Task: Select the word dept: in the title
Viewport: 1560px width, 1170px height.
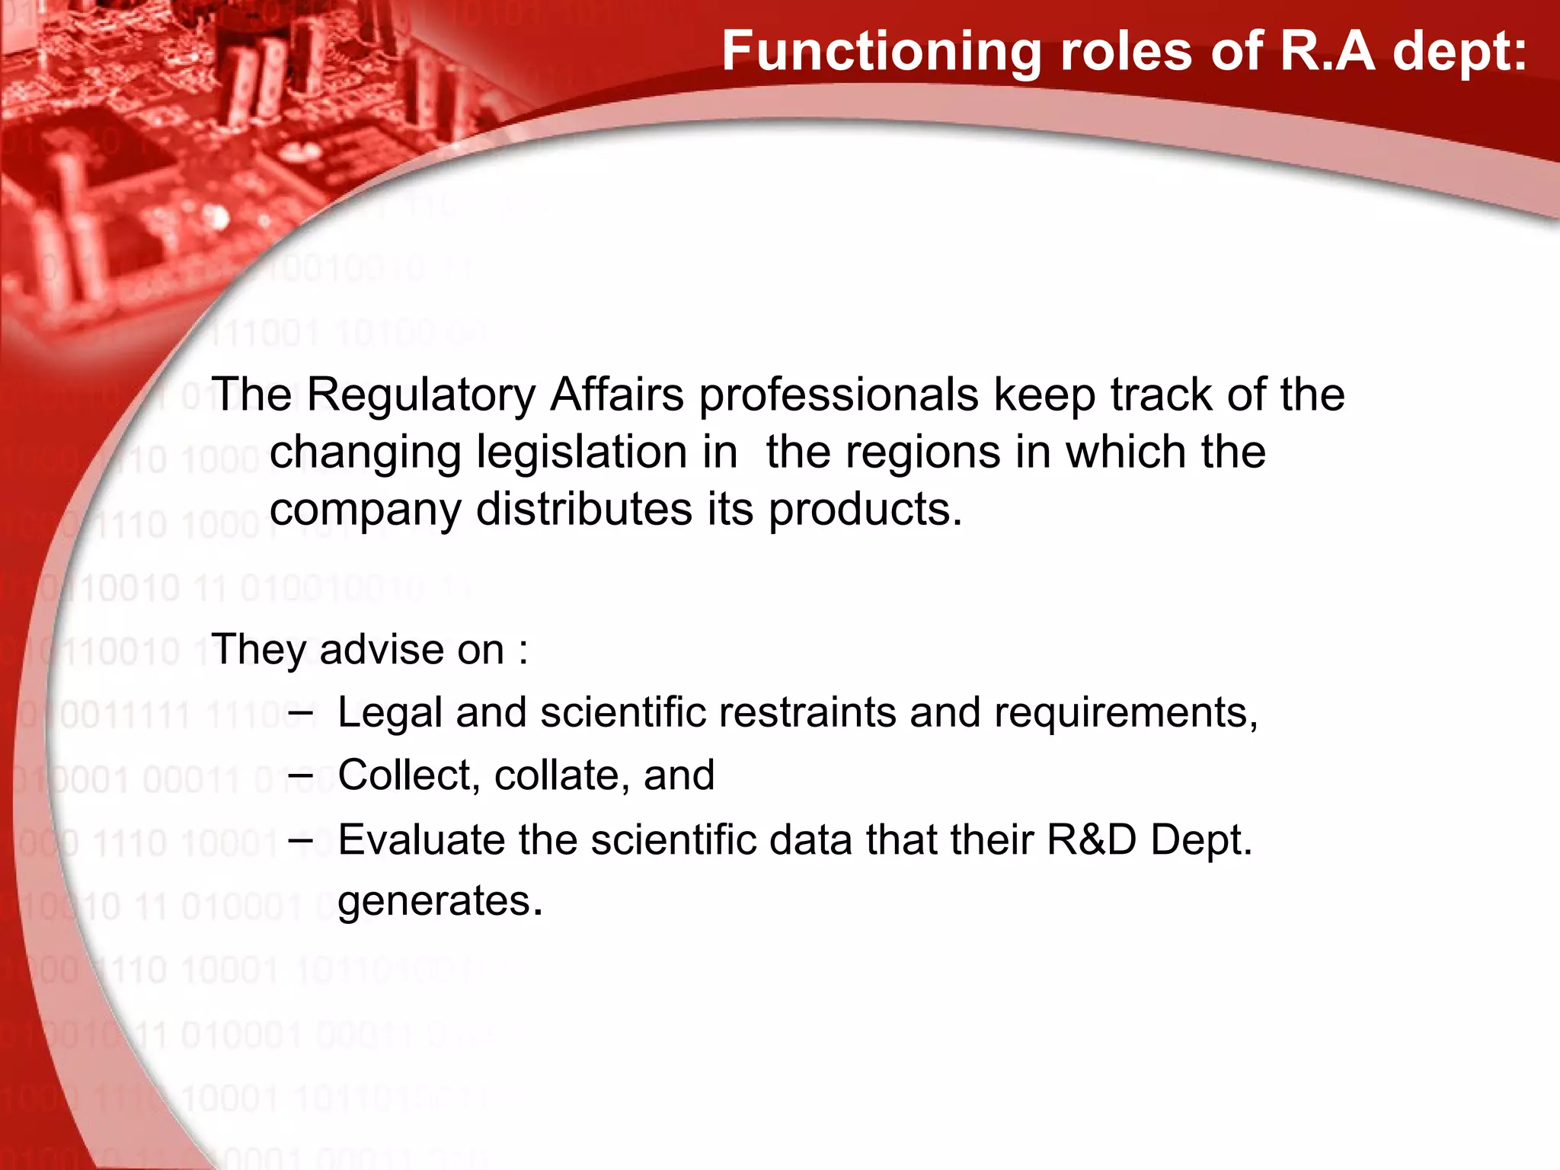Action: (x=1459, y=52)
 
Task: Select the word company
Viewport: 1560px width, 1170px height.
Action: (x=365, y=510)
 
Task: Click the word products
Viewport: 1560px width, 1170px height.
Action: (x=865, y=510)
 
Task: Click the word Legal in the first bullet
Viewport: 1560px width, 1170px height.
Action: (x=389, y=714)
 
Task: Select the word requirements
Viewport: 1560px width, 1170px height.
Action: (x=1125, y=714)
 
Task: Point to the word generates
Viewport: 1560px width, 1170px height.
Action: (x=440, y=902)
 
